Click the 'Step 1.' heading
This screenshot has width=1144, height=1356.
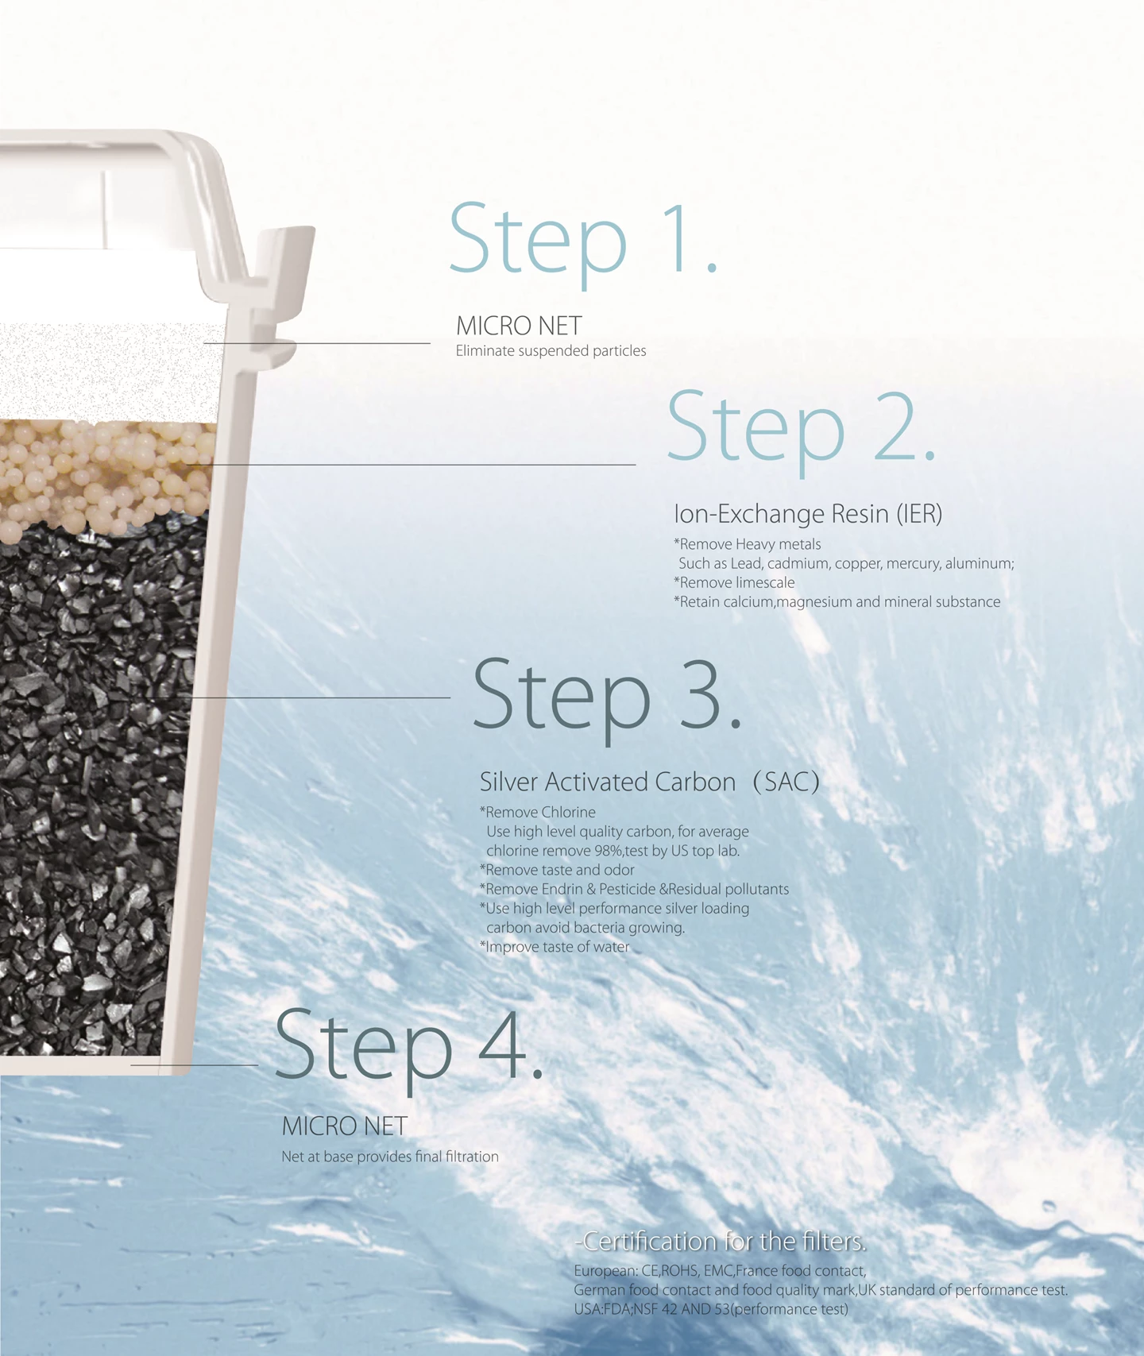pos(584,239)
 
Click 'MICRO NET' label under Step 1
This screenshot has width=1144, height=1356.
pos(519,326)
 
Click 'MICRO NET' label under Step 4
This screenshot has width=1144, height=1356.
pos(345,1126)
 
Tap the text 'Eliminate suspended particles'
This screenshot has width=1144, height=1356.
pos(551,351)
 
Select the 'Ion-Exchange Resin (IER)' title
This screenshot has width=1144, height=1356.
pos(808,514)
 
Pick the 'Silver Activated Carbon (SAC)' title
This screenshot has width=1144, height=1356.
pos(650,782)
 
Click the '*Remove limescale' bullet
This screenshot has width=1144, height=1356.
pos(734,582)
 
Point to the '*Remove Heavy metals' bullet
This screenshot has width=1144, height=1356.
pos(748,544)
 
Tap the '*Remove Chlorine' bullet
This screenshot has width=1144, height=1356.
pos(538,812)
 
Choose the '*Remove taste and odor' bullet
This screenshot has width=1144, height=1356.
pos(557,870)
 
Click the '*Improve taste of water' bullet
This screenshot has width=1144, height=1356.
pos(555,947)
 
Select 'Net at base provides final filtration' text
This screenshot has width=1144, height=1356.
pos(390,1157)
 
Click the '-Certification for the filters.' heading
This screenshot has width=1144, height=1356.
pos(721,1241)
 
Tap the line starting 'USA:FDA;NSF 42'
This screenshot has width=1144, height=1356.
pos(711,1309)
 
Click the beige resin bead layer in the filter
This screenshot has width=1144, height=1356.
pos(103,477)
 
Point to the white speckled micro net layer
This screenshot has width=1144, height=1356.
pos(111,372)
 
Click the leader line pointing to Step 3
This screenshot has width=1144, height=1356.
pos(302,697)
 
